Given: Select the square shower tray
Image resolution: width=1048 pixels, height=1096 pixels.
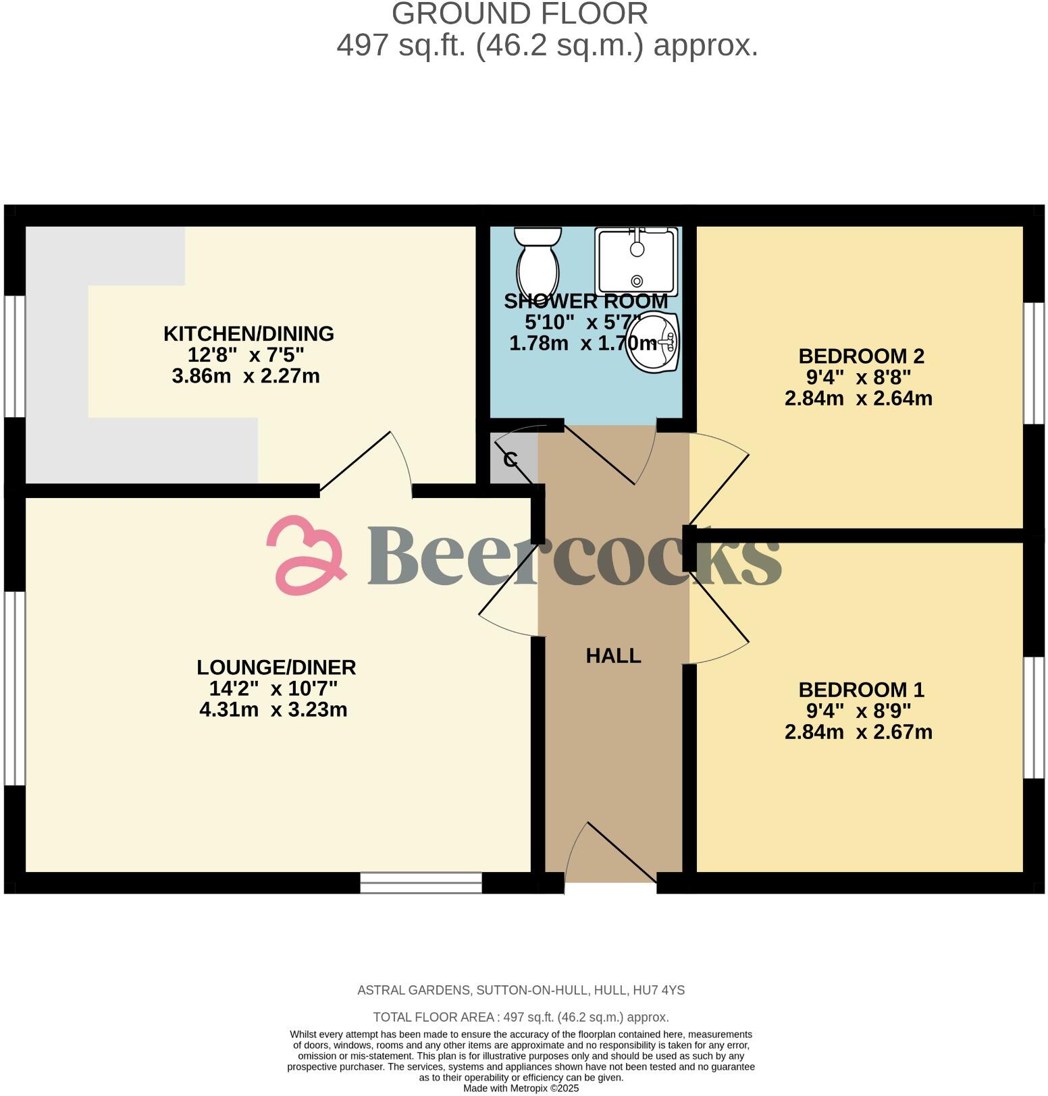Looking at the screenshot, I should tap(635, 261).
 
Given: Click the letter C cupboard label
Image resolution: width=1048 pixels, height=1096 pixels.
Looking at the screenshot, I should tap(510, 460).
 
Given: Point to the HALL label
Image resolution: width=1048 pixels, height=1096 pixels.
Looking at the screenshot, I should tap(613, 655).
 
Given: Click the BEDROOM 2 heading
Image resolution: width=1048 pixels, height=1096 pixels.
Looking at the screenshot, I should tap(861, 356).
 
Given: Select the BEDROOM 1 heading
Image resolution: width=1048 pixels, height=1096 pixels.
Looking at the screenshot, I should tap(861, 690).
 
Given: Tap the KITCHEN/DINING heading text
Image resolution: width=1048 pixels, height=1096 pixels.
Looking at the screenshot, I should tap(248, 333).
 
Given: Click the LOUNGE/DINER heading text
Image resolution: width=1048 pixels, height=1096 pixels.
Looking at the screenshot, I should tap(276, 667).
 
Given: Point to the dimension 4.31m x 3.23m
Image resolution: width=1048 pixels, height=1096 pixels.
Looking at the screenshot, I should tap(273, 709).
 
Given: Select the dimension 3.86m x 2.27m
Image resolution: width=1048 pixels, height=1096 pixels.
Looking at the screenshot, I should tap(246, 376).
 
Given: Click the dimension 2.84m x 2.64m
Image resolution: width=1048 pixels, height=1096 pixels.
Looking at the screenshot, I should tap(858, 398).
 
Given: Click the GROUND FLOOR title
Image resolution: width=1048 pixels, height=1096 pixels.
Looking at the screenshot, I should tap(519, 14).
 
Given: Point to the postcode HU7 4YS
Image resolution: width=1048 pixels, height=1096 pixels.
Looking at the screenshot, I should tap(658, 990).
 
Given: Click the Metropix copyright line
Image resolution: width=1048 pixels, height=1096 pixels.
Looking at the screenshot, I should tap(521, 1088).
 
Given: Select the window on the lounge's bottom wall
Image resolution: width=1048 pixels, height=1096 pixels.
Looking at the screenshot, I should tap(421, 883).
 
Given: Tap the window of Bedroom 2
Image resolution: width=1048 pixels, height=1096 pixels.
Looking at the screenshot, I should tap(1033, 363).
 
